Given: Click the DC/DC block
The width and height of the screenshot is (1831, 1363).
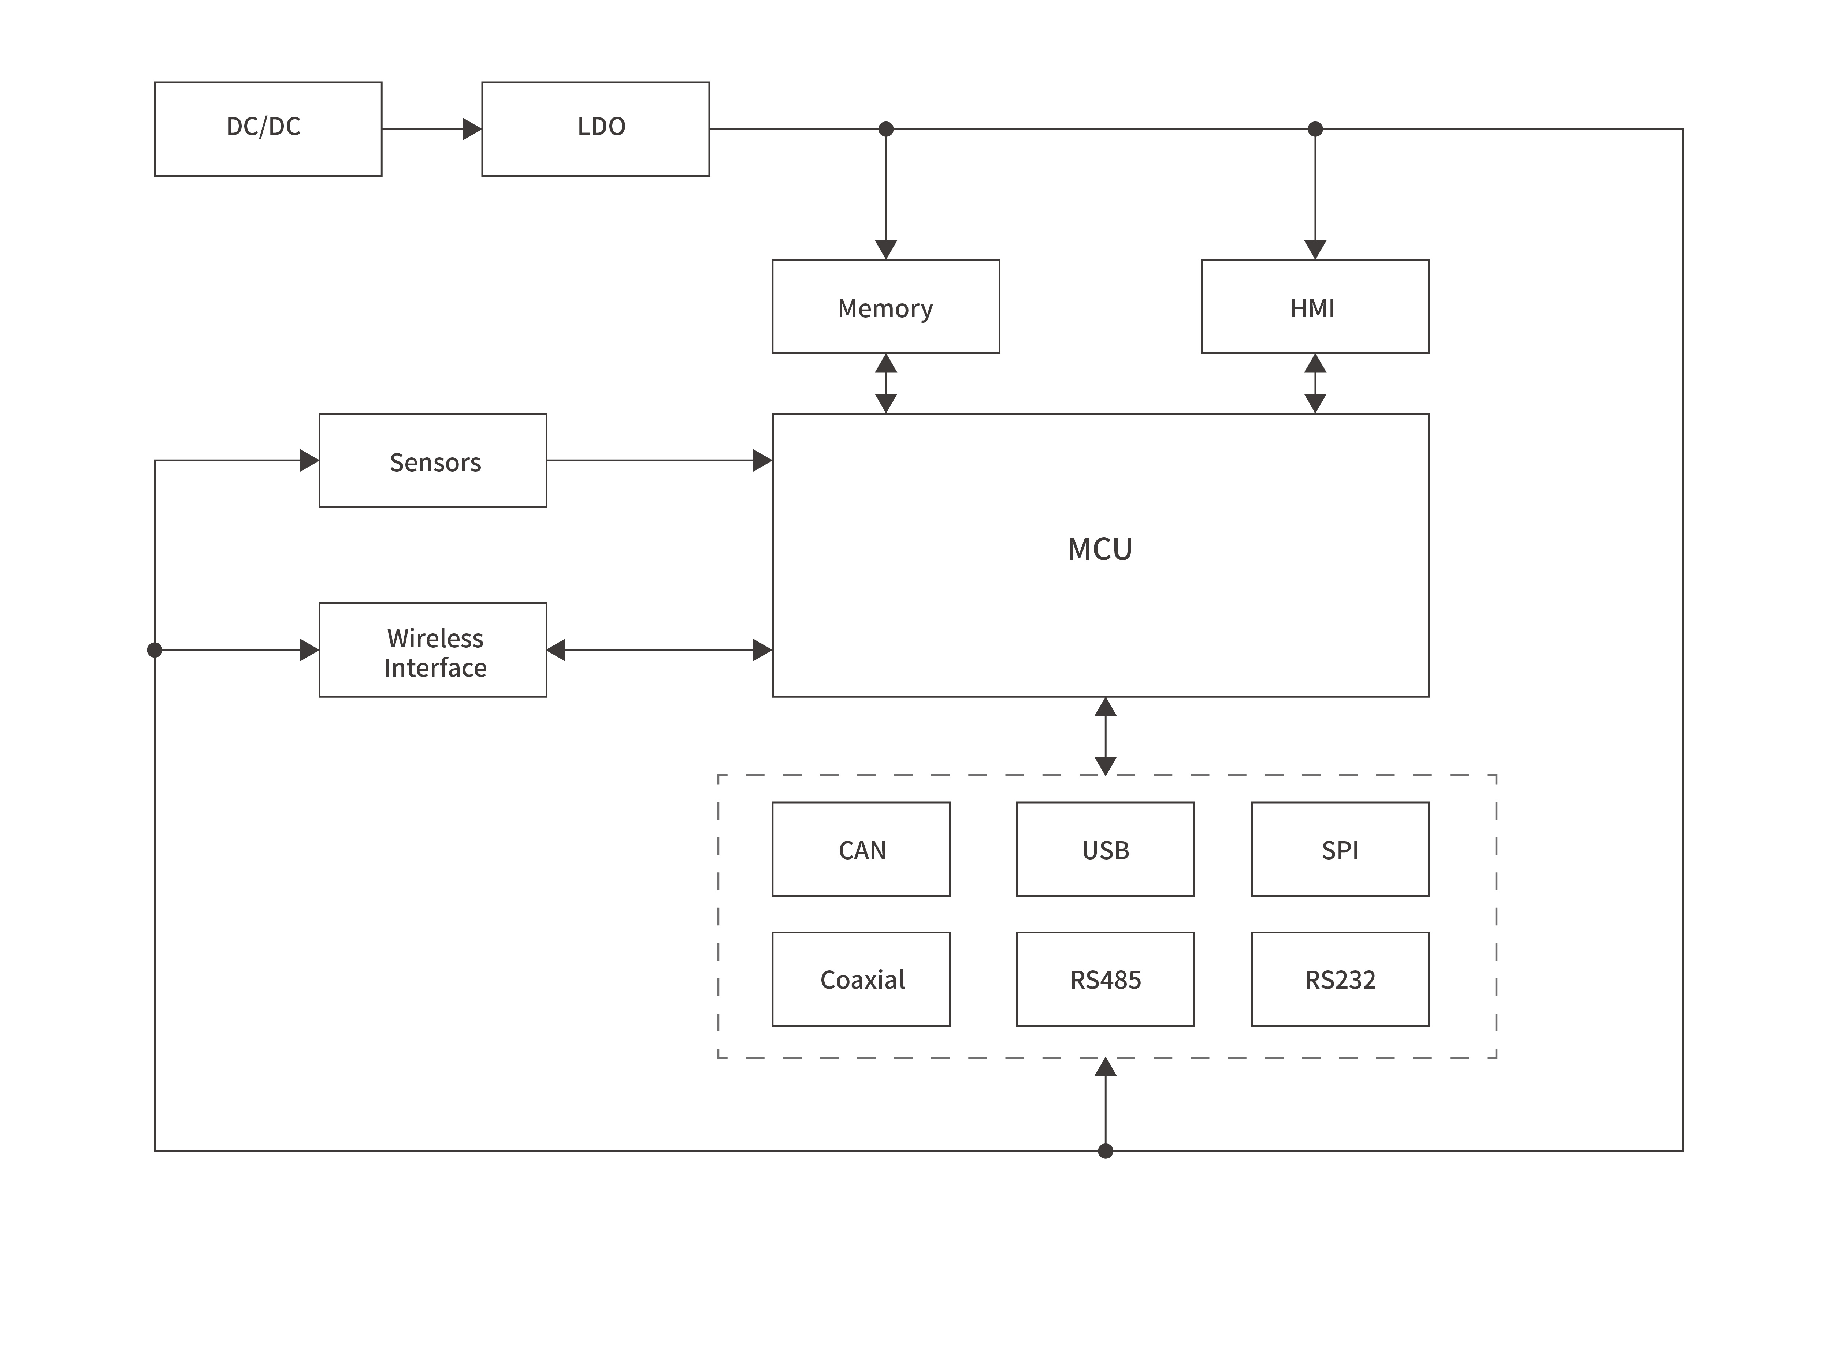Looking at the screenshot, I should pos(267,129).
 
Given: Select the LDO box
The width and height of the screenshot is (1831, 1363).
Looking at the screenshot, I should pos(595,129).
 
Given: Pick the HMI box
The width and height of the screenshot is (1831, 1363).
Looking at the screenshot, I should pos(1314,306).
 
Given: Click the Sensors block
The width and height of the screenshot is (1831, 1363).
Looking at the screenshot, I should pos(432,460).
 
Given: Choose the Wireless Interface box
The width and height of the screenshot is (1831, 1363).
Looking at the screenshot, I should pos(432,650).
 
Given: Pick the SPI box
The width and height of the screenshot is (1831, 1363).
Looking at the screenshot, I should pos(1340,849).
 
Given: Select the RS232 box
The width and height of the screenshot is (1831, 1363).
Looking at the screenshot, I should pos(1340,979).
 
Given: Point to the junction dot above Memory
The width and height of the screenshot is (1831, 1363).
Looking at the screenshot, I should pos(886,129).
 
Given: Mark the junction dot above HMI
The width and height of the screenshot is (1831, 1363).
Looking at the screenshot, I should pos(1315,129).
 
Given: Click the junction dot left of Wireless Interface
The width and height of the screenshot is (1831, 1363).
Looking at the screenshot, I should pos(155,650).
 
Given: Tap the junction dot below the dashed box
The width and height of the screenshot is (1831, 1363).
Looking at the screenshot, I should pos(1105,1151).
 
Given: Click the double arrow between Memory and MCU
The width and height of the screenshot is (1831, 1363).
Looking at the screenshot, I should pos(886,384).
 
